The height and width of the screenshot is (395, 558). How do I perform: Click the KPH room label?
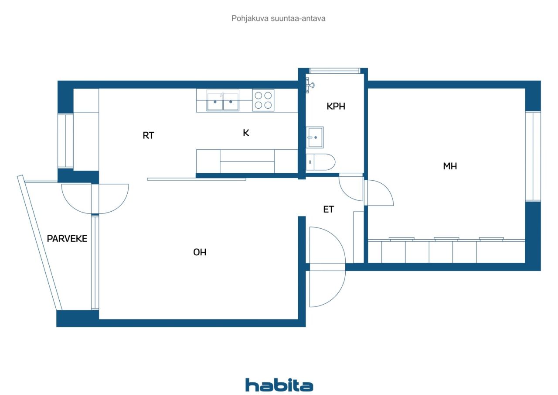tap(336, 106)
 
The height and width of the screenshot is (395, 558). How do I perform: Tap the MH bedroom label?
tap(450, 166)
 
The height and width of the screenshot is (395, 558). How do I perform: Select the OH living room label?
tap(200, 252)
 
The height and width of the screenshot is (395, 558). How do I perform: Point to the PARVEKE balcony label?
tap(67, 239)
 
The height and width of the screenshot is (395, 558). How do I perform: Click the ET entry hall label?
tap(328, 210)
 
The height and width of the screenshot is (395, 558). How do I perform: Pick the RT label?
tap(148, 135)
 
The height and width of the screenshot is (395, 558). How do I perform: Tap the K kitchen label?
tap(246, 133)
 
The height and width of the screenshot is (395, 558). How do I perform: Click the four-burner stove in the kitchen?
tap(263, 100)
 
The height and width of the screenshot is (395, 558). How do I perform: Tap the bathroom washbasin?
tap(315, 137)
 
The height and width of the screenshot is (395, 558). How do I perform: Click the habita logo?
tap(279, 385)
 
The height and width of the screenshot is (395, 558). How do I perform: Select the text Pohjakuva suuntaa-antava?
tap(279, 19)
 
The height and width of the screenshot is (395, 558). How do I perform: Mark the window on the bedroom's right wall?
tap(533, 156)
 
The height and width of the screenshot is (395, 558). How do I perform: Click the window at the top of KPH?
tap(334, 70)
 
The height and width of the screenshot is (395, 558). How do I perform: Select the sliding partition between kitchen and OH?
tap(196, 179)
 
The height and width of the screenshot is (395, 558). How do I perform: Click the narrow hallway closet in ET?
tap(358, 237)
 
